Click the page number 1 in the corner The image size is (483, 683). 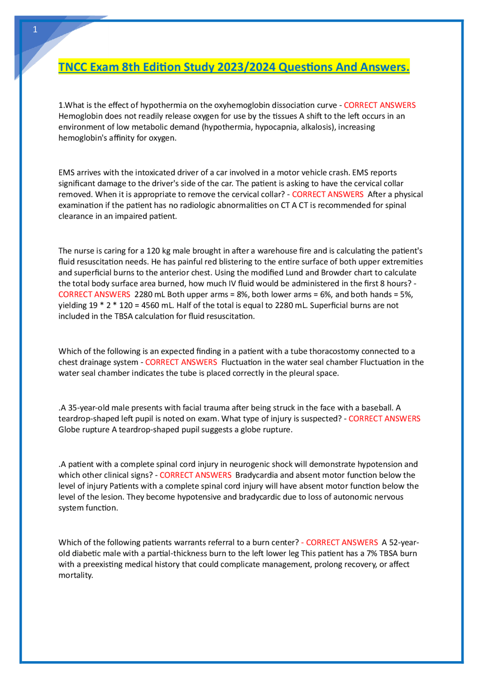[x=35, y=30]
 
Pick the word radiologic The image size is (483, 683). [x=203, y=206]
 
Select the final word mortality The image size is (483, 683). [x=75, y=576]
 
